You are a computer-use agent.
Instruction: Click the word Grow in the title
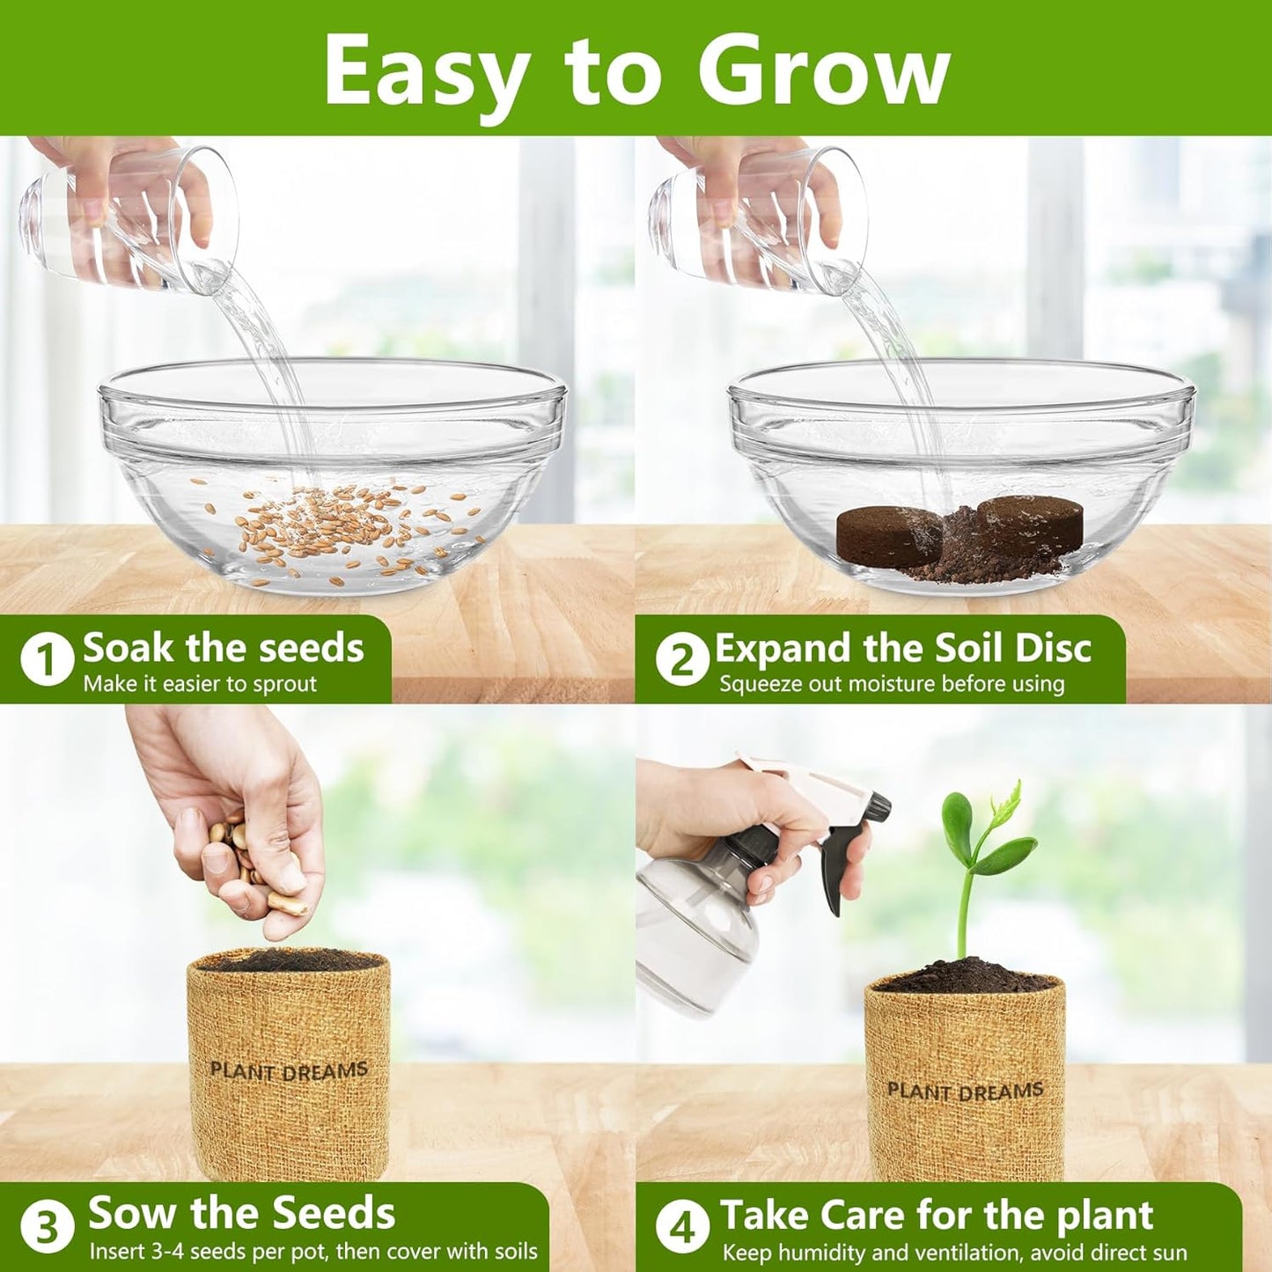(823, 72)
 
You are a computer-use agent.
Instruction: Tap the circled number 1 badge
(47, 660)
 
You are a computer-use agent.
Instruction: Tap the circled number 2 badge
(682, 660)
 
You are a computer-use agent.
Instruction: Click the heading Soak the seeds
(223, 648)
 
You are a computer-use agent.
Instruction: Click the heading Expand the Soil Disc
(902, 648)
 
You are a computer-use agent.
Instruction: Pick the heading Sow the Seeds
(241, 1213)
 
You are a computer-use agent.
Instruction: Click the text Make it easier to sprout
(200, 684)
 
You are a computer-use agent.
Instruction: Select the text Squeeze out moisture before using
(891, 684)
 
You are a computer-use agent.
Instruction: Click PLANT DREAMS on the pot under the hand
(288, 1071)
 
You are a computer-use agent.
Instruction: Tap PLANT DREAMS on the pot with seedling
(965, 1092)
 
